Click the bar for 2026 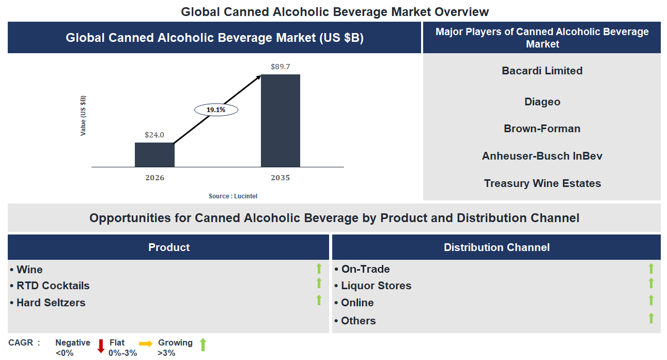point(154,154)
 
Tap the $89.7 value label point(280,67)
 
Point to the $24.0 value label point(154,135)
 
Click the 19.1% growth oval point(216,109)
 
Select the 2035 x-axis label point(280,178)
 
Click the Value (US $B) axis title point(83,116)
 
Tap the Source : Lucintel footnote point(232,196)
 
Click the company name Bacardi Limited point(542,71)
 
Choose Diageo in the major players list point(542,102)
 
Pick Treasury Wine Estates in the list point(542,183)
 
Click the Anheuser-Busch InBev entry point(542,156)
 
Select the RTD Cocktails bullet point(53,286)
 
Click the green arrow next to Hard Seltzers point(319,300)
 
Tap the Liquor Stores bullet point(376,286)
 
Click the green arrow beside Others point(651,318)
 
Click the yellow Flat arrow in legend point(146,343)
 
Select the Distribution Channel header point(496,247)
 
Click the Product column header point(169,247)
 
